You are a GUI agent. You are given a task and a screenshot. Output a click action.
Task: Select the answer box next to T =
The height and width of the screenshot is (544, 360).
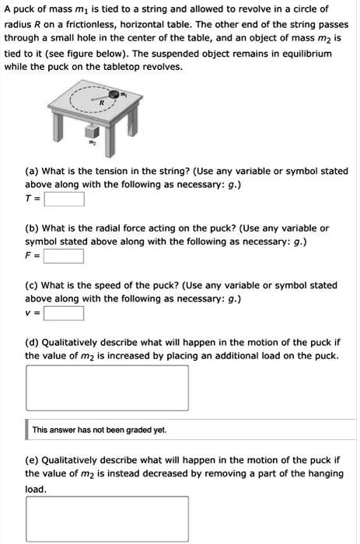[64, 200]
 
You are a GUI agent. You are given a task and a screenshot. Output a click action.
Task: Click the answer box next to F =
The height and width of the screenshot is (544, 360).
[64, 256]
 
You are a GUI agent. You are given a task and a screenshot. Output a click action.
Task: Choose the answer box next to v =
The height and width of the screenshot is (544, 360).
[64, 313]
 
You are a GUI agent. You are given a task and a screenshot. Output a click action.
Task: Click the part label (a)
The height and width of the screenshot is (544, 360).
[33, 172]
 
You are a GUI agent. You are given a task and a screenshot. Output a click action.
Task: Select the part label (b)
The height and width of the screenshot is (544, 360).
[33, 228]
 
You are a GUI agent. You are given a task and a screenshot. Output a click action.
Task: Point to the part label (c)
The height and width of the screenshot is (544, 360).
[33, 285]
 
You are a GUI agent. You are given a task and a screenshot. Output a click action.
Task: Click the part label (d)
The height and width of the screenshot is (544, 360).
[33, 342]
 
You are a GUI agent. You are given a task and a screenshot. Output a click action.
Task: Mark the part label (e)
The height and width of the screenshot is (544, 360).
[33, 460]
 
